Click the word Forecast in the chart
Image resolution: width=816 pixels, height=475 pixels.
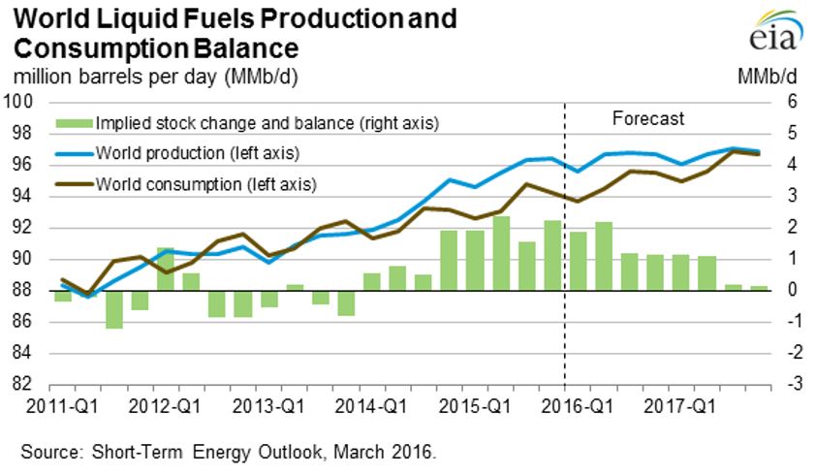[x=648, y=119]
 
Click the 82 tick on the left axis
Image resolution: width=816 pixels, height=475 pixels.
[x=23, y=384]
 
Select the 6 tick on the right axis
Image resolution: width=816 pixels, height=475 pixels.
[x=791, y=102]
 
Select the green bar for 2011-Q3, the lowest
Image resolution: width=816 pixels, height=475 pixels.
[x=114, y=309]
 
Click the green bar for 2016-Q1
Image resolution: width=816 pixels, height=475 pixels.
[x=578, y=261]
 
